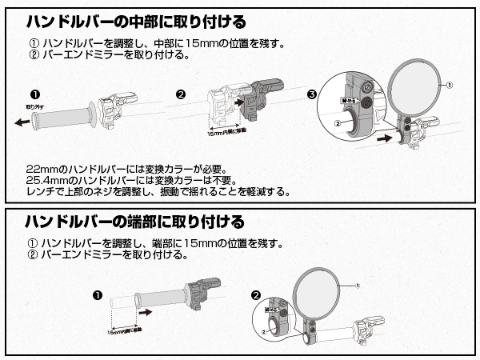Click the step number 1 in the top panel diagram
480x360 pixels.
point(34,94)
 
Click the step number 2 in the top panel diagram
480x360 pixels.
point(181,94)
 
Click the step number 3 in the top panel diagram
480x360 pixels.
point(311,94)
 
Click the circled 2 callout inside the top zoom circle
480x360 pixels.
point(338,124)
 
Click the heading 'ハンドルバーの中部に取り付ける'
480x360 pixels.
point(135,20)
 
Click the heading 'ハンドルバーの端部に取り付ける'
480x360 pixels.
point(135,220)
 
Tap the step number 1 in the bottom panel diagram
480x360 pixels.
point(97,294)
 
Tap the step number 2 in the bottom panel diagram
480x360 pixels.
point(256,294)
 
